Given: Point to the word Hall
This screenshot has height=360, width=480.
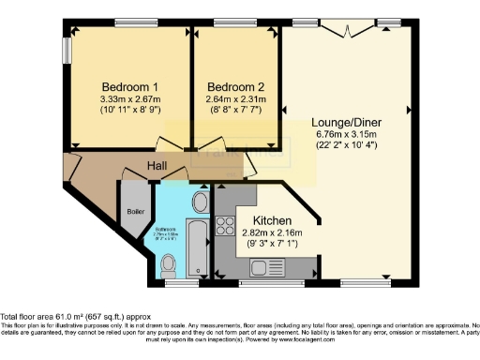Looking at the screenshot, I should click(x=157, y=166).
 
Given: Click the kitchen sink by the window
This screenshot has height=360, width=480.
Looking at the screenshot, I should click(x=260, y=267).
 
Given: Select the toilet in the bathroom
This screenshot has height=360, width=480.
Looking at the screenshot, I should click(x=169, y=262).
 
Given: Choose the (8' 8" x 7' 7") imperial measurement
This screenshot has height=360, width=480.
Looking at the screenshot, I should click(x=235, y=109).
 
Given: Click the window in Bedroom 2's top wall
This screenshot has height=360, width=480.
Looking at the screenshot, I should click(x=229, y=22).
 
